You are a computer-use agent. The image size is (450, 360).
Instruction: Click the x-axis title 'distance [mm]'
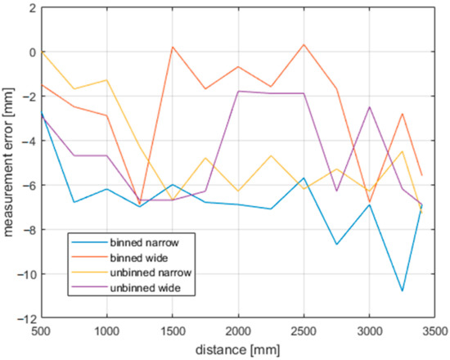(x=237, y=349)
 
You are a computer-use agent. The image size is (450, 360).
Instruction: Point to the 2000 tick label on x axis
(x=238, y=333)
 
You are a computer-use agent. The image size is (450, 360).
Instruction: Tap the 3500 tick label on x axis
(x=434, y=333)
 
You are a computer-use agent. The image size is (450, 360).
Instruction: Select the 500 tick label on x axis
(x=42, y=333)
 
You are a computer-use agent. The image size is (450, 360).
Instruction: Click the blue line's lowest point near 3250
(x=402, y=291)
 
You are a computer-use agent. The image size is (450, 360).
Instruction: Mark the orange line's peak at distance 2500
(x=304, y=45)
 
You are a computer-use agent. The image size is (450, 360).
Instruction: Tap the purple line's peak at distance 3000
(x=369, y=107)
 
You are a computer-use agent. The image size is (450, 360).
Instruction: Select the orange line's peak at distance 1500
(x=173, y=47)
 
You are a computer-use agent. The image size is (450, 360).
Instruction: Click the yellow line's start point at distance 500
(x=42, y=52)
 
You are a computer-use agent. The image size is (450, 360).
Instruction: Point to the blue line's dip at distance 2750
(x=336, y=245)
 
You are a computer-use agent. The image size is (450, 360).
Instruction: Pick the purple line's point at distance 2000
(x=238, y=91)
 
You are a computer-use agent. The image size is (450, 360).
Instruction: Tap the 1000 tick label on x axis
(x=107, y=333)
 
